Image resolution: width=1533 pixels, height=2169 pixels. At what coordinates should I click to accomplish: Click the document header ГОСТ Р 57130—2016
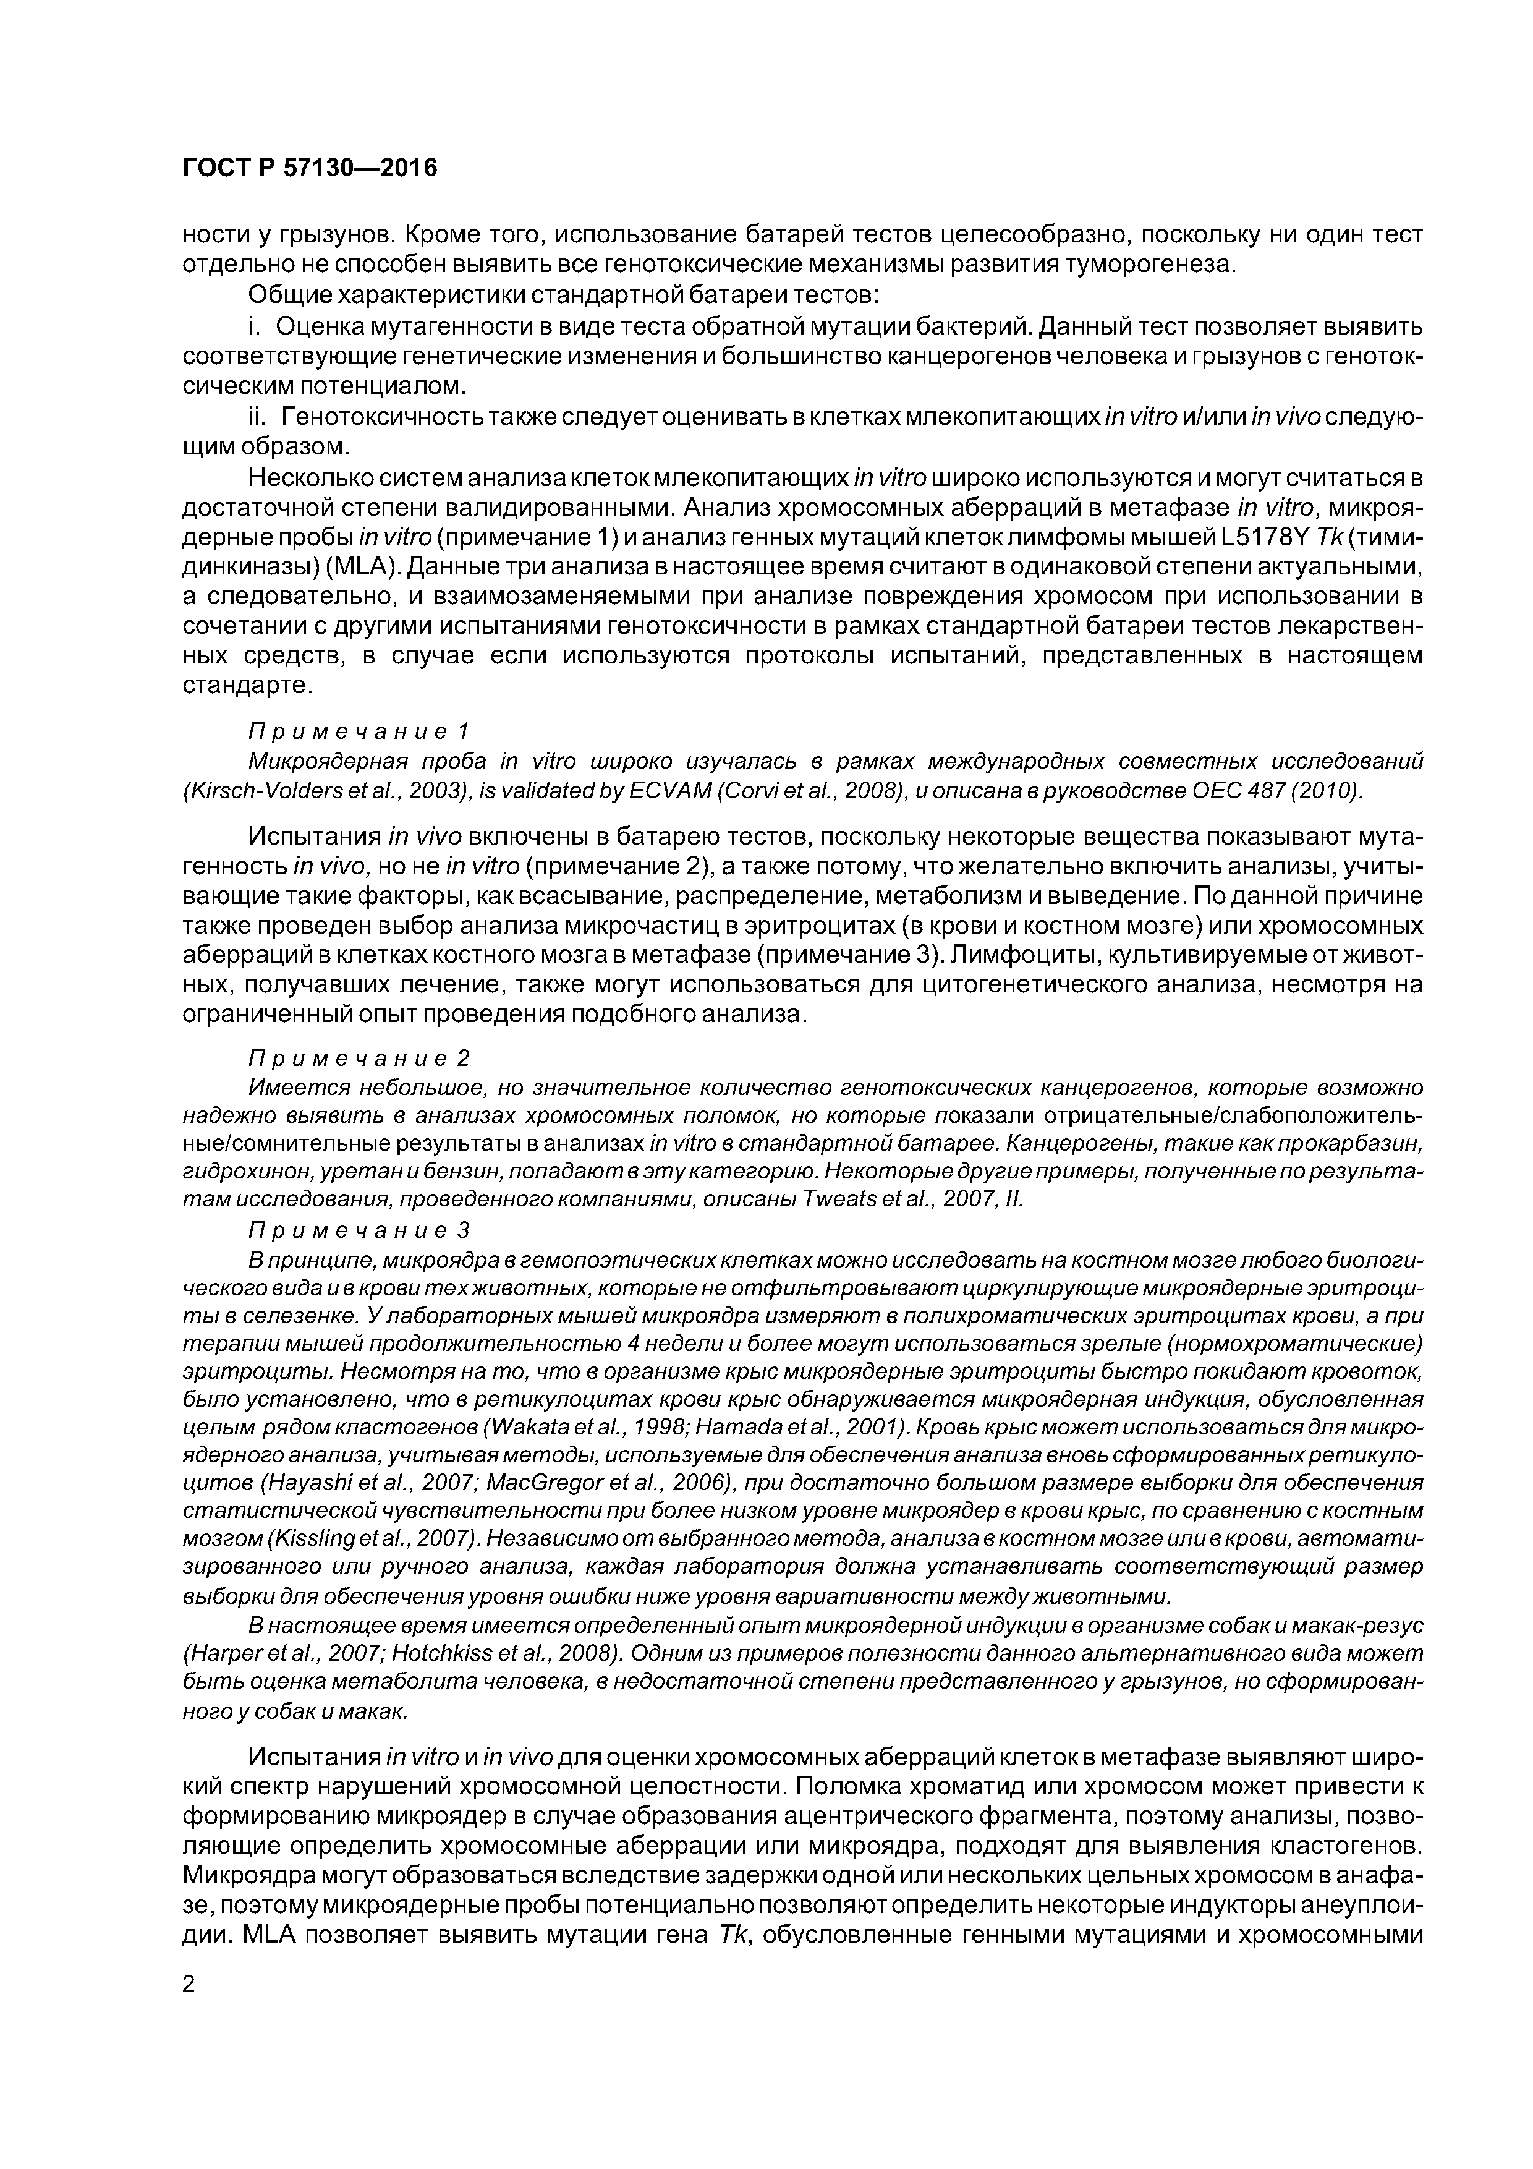310,168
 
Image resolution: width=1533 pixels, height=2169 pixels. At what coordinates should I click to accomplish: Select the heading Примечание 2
359,1057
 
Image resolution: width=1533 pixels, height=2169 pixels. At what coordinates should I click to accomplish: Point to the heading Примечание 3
359,1230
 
